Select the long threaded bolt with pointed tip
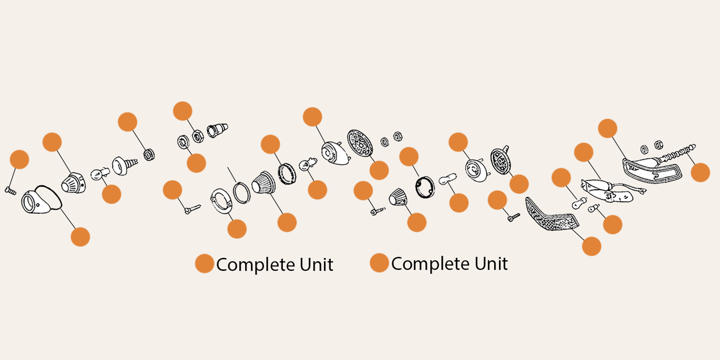click(x=677, y=153)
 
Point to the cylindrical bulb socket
click(x=217, y=130)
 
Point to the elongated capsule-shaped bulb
click(x=447, y=180)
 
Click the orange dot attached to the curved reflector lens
click(x=591, y=246)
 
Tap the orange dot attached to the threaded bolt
click(x=700, y=172)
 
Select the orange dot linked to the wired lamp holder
click(x=584, y=153)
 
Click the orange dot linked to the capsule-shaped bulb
click(x=459, y=203)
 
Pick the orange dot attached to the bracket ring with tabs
click(x=237, y=229)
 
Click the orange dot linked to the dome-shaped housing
click(x=312, y=117)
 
